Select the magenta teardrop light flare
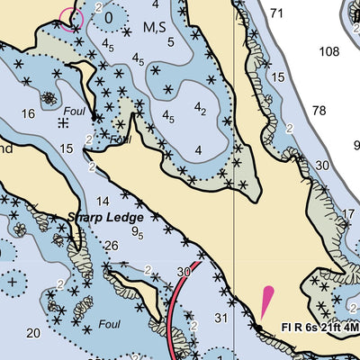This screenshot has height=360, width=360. [x=266, y=301]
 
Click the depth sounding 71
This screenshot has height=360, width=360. [x=276, y=13]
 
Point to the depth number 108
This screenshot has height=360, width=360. [x=329, y=50]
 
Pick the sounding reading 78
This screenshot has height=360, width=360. [x=319, y=111]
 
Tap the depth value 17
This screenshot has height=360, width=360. [x=348, y=213]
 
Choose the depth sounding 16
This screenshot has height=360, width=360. [x=29, y=112]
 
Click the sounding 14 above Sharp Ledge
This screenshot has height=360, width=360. [x=103, y=201]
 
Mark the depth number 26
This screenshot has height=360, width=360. [x=111, y=246]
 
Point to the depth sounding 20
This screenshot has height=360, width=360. [x=32, y=333]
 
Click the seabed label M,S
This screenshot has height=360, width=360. [x=155, y=28]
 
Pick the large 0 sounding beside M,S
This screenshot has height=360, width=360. [x=110, y=16]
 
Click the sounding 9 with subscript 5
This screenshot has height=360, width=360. [x=137, y=232]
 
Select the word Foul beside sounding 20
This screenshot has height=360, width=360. [x=110, y=323]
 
